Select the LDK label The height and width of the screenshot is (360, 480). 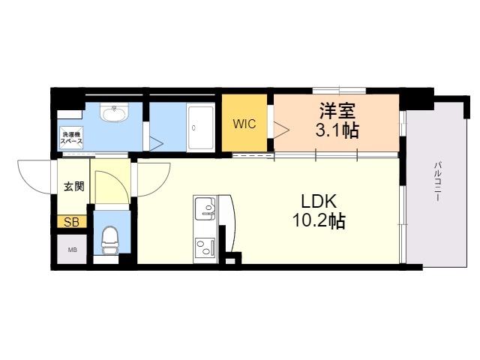(322, 201)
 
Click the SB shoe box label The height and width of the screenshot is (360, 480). (70, 222)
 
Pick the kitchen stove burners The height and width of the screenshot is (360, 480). (205, 245)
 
